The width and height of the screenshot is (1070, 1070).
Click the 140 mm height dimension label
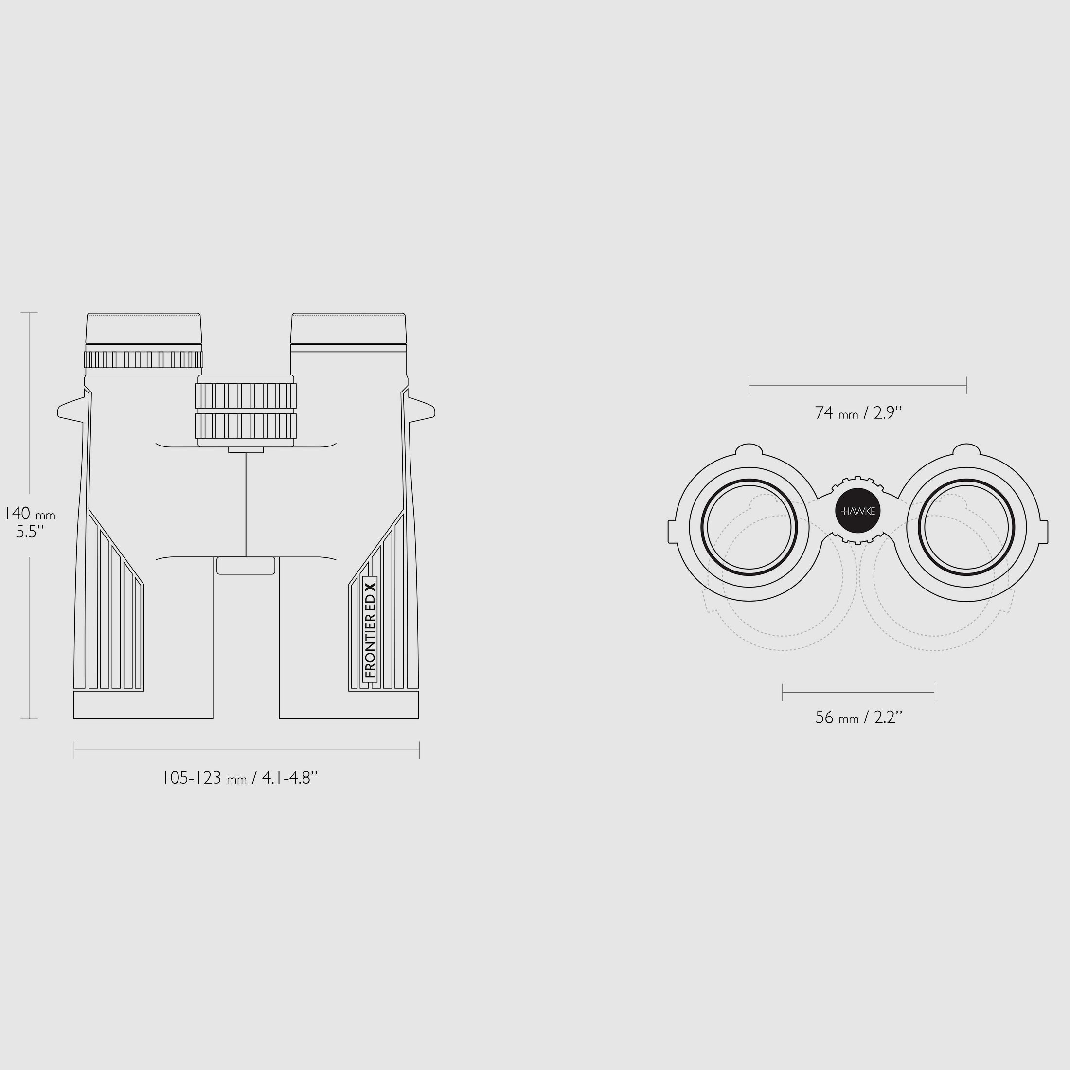[x=30, y=514]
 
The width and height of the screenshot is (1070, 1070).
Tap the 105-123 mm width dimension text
[x=240, y=778]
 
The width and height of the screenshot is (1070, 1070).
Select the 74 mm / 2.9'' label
[x=858, y=412]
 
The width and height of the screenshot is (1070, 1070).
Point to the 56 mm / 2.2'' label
[x=859, y=717]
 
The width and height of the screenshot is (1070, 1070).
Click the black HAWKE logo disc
[x=858, y=511]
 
